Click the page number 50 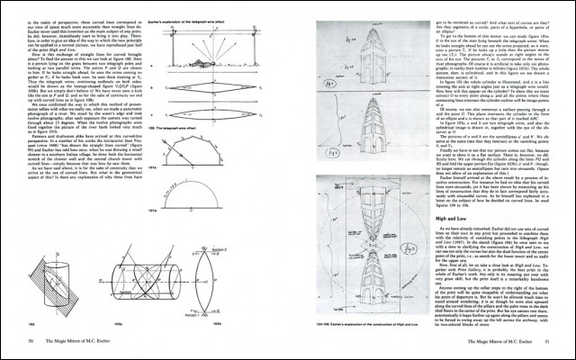pyautogui.click(x=31, y=342)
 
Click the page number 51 pyautogui.click(x=545, y=342)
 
